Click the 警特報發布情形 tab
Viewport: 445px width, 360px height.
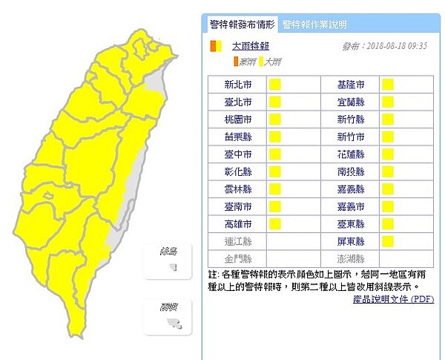tap(242, 24)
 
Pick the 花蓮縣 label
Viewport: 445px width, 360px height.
tap(349, 154)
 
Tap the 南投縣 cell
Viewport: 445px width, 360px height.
tap(349, 171)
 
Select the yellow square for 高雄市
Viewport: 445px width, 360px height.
tap(274, 223)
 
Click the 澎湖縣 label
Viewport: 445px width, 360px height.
tap(349, 258)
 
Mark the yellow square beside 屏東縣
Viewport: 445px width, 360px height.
tap(387, 241)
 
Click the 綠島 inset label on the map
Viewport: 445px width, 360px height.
tap(167, 252)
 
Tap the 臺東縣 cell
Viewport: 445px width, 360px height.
tap(349, 223)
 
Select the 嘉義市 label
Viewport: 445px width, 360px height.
tap(349, 206)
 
